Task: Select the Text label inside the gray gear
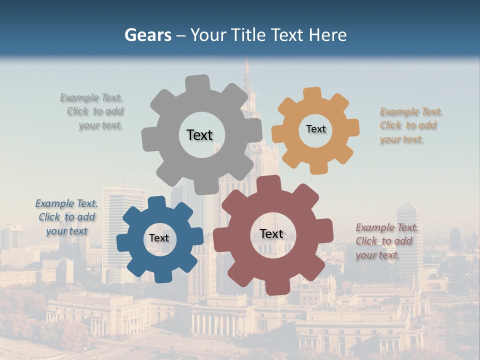(199, 135)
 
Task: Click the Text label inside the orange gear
(315, 129)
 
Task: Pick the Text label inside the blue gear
(159, 238)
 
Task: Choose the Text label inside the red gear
(271, 233)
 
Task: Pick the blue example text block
(66, 217)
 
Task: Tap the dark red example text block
(386, 241)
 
